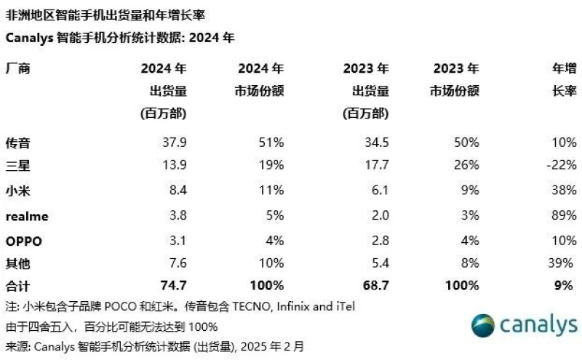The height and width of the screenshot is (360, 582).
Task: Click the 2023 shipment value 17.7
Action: [375, 165]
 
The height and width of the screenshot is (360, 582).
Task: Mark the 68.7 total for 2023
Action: [375, 287]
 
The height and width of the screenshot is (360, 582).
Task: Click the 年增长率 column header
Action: [563, 80]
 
